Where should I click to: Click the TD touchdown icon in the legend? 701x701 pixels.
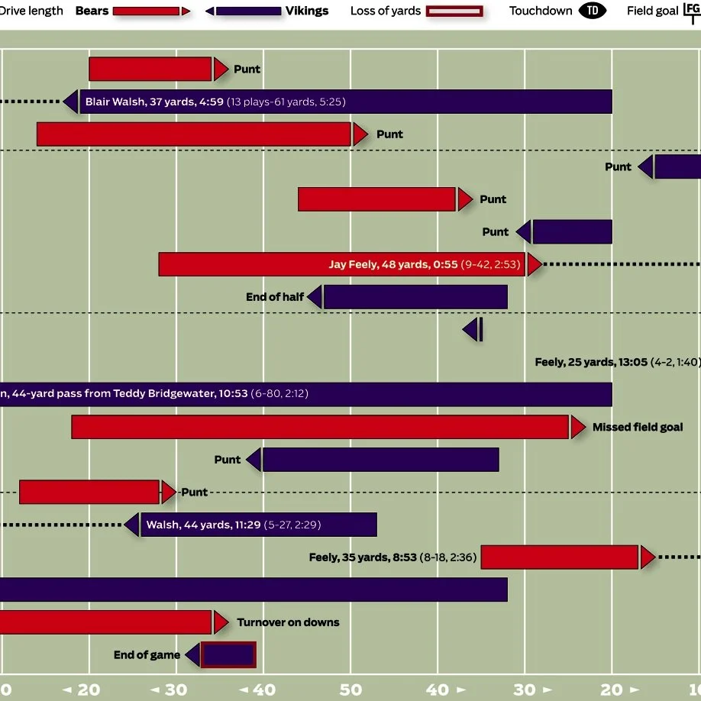coord(593,11)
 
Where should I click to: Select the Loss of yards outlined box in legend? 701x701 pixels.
coord(455,11)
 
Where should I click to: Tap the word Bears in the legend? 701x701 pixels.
coord(92,11)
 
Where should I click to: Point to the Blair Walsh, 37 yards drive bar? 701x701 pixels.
coord(344,102)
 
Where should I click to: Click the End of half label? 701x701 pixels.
coord(275,297)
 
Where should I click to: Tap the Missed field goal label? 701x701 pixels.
coord(638,428)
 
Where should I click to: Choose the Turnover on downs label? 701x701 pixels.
coord(288,622)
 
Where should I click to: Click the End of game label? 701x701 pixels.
coord(147,655)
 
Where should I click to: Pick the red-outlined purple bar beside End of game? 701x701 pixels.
coord(228,655)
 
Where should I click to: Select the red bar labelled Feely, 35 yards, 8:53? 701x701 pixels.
coord(559,557)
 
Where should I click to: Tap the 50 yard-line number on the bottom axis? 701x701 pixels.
coord(350,690)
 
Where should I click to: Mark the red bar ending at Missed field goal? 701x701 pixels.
coord(320,428)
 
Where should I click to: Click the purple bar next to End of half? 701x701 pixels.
coord(415,297)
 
